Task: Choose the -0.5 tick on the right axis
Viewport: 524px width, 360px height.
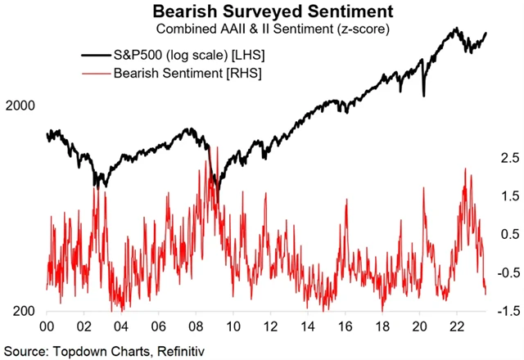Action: (501, 272)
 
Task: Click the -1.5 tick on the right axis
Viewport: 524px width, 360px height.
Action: (501, 311)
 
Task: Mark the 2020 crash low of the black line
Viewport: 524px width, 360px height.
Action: (423, 96)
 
